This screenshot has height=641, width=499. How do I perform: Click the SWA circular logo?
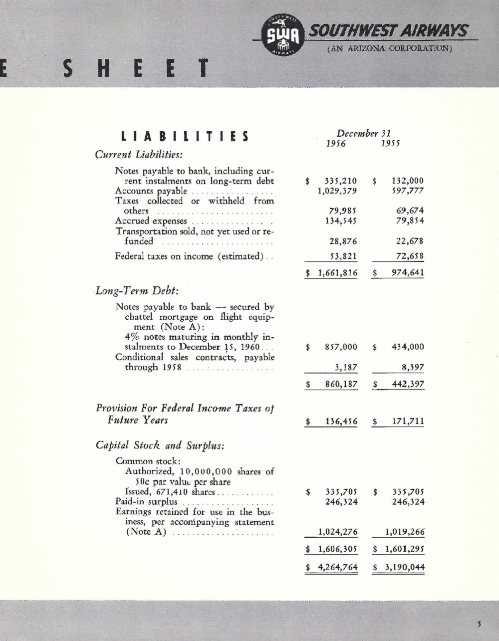click(x=282, y=35)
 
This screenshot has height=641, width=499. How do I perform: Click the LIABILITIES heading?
click(x=185, y=137)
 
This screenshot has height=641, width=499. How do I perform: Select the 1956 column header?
click(x=336, y=144)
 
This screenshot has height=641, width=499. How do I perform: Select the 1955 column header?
click(x=390, y=144)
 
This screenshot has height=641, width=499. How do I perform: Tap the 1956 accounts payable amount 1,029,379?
click(x=338, y=191)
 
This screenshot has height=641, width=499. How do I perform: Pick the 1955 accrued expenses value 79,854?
click(x=410, y=221)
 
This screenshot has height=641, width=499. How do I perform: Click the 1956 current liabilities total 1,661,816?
click(x=338, y=273)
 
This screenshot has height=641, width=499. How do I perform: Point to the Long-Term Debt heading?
click(x=137, y=290)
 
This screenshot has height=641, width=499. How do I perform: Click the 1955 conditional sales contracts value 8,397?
click(x=413, y=368)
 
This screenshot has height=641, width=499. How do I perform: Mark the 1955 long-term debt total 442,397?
click(x=407, y=385)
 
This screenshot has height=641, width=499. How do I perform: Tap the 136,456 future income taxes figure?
click(x=341, y=422)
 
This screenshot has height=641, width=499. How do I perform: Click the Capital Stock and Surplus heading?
click(x=160, y=445)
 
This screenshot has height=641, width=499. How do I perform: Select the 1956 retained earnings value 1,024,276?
click(x=338, y=532)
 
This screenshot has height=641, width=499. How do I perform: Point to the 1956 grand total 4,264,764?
click(x=338, y=567)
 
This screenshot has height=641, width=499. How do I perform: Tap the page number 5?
click(x=479, y=623)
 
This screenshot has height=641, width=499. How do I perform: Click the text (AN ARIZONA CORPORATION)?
click(x=389, y=49)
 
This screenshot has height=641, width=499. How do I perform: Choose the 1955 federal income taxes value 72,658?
click(x=410, y=256)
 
